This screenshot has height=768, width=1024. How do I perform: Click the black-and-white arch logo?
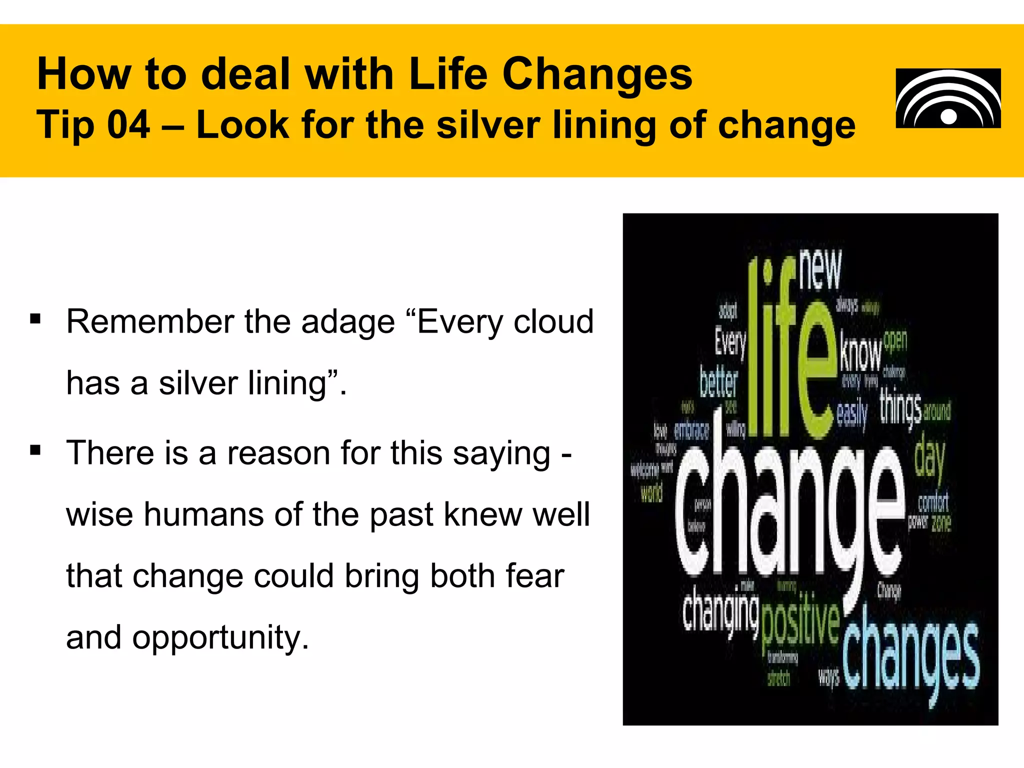click(948, 98)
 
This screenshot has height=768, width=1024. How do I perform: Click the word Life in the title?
click(447, 74)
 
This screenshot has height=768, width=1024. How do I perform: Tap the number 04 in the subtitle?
click(128, 124)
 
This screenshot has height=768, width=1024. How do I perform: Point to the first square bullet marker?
click(35, 318)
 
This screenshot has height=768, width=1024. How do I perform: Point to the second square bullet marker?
click(35, 450)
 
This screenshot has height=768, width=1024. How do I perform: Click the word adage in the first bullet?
click(348, 321)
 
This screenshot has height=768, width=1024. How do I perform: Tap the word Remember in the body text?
click(148, 321)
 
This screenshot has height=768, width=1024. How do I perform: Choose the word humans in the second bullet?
click(204, 514)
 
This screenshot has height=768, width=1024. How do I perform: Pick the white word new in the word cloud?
click(820, 270)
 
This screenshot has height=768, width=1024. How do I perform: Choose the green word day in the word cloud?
click(929, 457)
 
